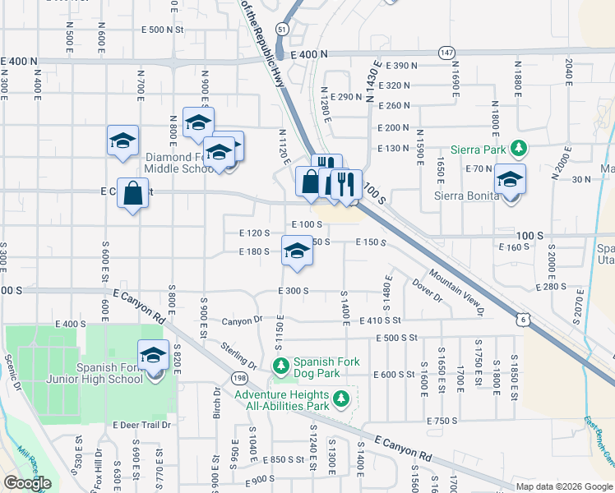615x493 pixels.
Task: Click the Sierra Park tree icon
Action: coord(518,149)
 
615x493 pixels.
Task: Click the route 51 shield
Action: coord(282,29)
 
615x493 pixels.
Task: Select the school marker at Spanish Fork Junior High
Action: coord(153,356)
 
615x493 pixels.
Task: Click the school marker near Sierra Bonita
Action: coord(511,180)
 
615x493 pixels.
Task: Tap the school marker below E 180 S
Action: coord(297,251)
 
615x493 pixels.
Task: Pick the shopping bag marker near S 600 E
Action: coord(133,194)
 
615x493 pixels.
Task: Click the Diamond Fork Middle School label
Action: coord(178,163)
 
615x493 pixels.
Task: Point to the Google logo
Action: coord(27,483)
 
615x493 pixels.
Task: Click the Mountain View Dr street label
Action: coord(455,288)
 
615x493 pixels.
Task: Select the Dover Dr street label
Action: coord(428,291)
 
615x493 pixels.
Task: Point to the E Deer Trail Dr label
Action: coord(142,425)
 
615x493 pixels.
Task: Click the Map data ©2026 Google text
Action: coord(565,486)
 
